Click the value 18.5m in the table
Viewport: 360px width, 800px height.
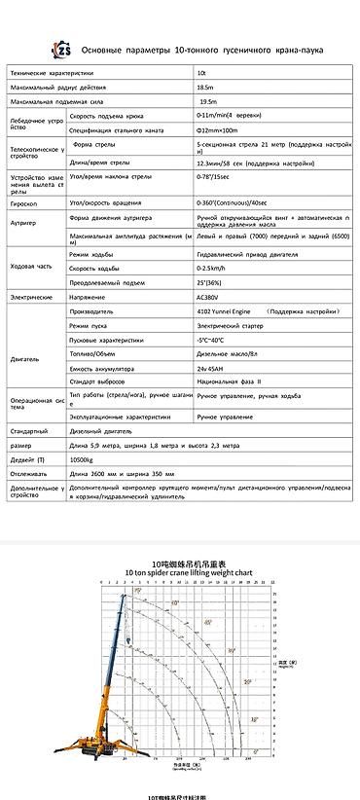[x=203, y=87]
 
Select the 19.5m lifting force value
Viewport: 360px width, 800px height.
[x=206, y=100]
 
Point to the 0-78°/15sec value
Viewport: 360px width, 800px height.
[x=218, y=179]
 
